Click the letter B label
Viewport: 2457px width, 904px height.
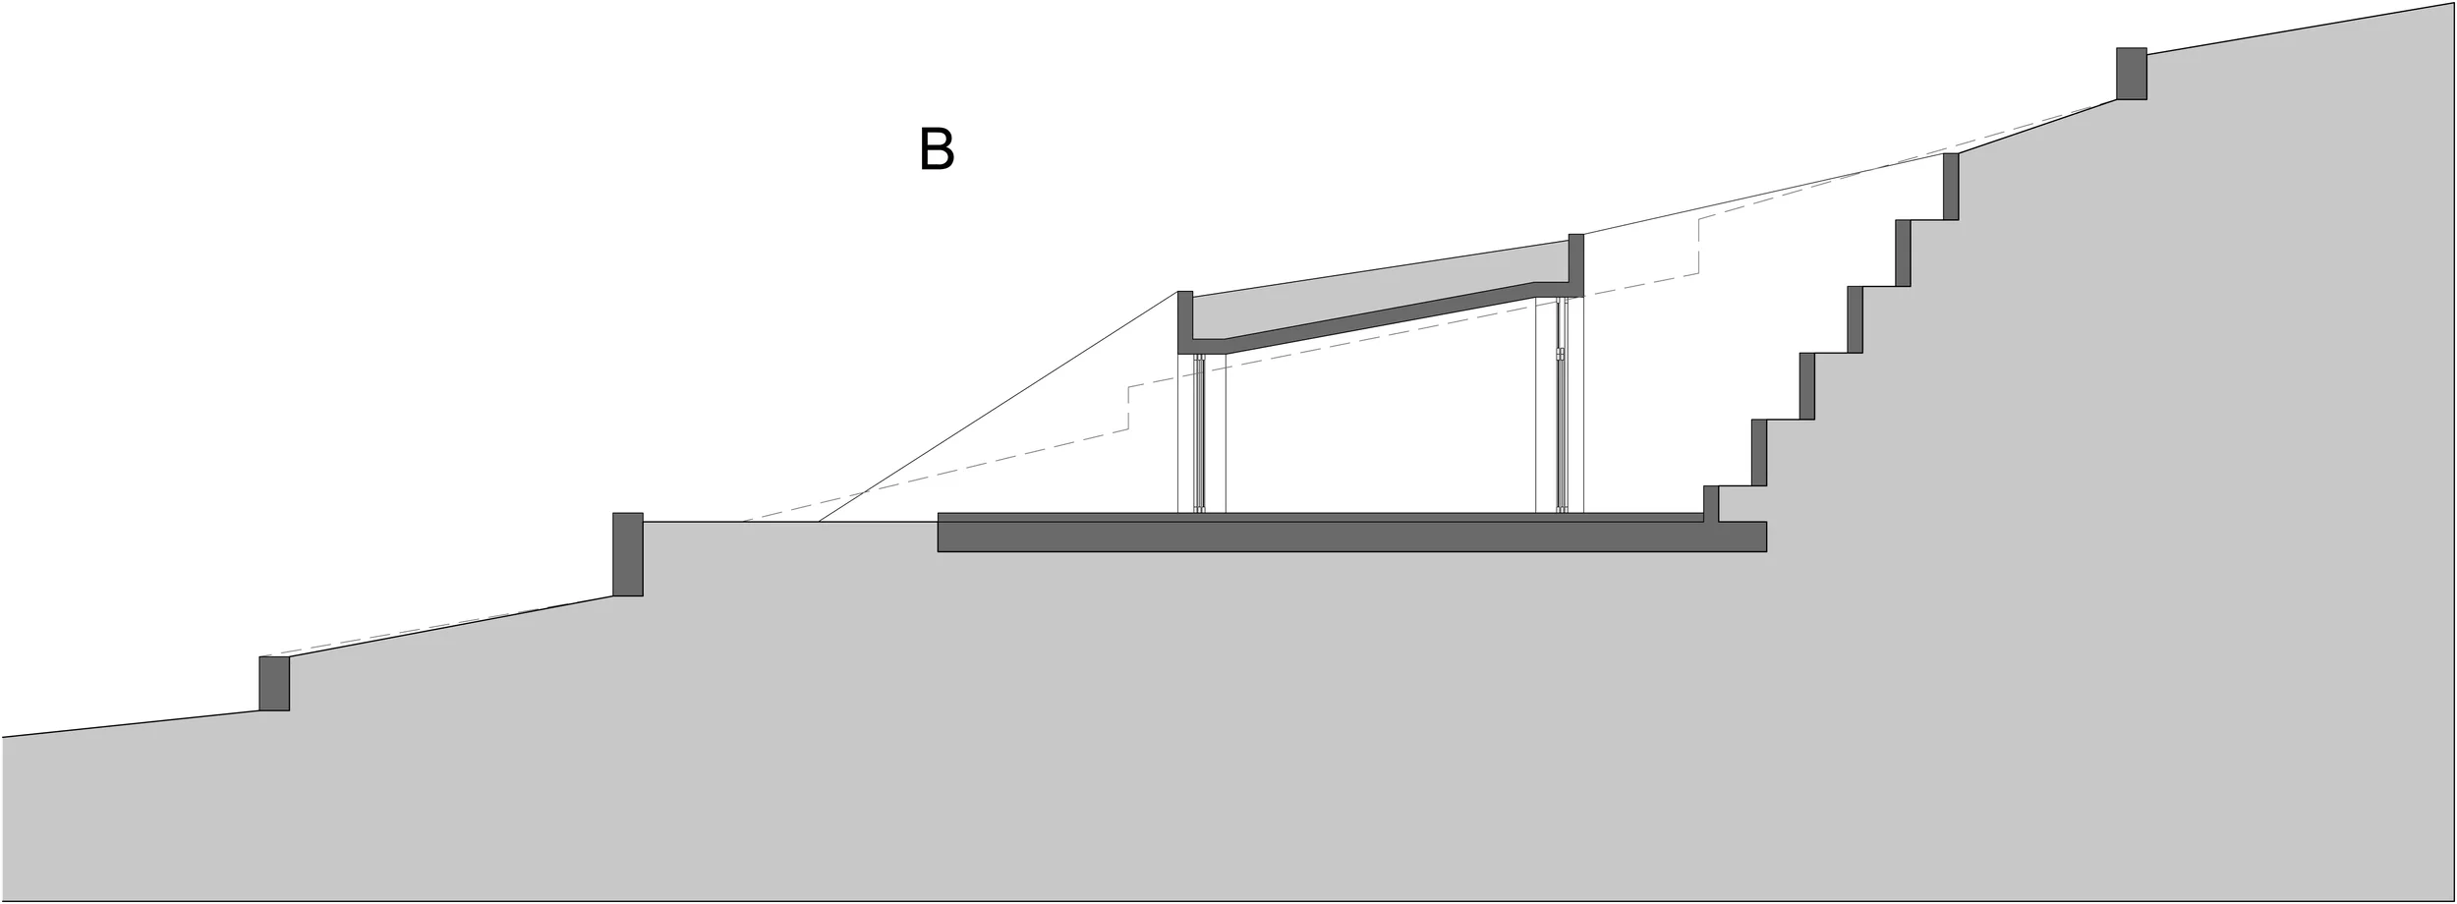936,148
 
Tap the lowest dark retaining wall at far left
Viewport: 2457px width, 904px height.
274,683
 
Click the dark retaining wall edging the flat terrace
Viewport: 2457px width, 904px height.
627,554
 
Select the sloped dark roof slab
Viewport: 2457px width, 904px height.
1376,318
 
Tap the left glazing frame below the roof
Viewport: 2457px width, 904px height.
1199,432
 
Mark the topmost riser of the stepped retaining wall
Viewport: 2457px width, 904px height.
1951,186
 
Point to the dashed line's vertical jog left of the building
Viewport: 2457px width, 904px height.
1128,409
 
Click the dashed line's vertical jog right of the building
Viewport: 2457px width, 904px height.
1699,246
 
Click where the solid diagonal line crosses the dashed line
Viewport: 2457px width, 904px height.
863,493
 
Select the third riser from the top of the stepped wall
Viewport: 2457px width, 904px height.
1856,319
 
